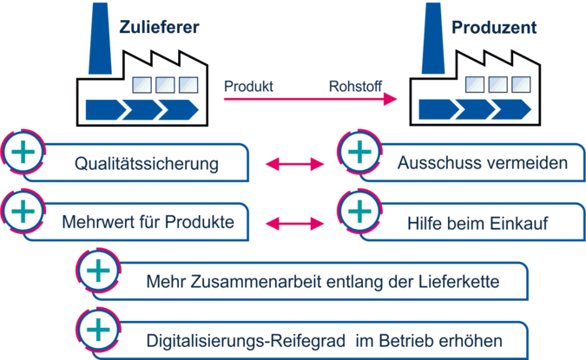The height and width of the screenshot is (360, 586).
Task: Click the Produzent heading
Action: [x=495, y=28]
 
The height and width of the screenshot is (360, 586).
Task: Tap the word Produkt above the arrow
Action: [x=249, y=87]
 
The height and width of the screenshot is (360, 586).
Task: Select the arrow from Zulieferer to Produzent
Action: [x=304, y=100]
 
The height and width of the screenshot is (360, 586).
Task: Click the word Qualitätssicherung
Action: [x=146, y=163]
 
